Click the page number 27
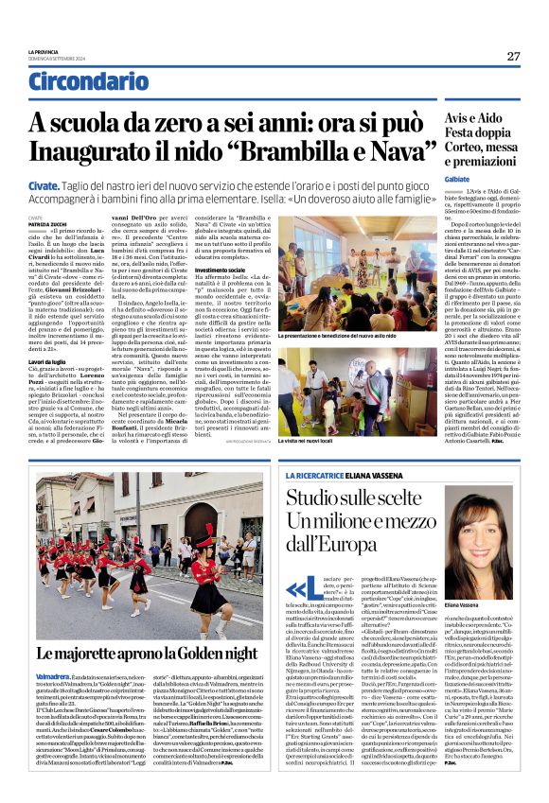click(x=512, y=57)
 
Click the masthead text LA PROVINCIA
click(x=44, y=52)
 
